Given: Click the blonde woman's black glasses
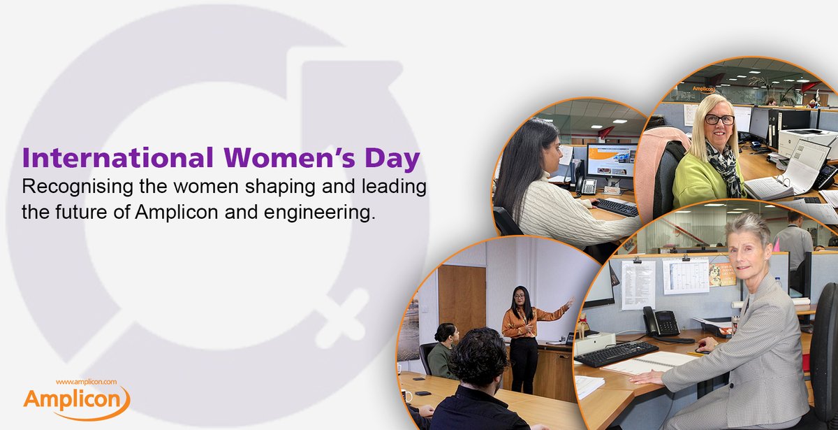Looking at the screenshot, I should (x=719, y=120).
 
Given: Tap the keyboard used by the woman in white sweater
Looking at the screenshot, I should (x=615, y=207).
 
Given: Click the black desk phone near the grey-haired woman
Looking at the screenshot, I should (x=661, y=322).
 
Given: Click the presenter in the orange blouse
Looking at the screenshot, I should (x=523, y=336).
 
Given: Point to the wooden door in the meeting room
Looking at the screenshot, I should (x=462, y=301).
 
